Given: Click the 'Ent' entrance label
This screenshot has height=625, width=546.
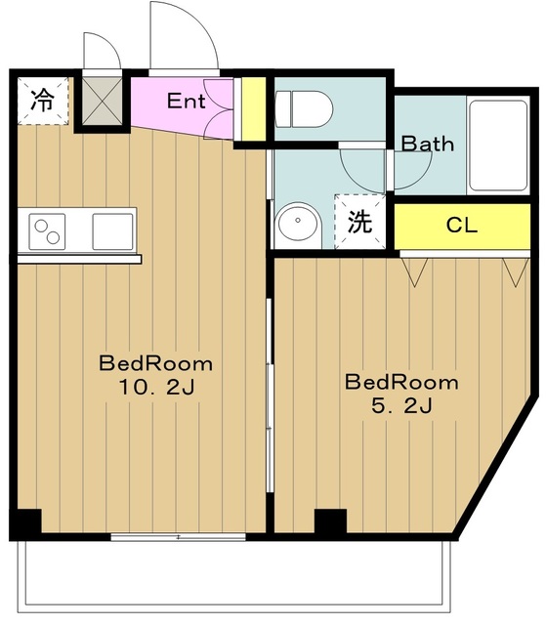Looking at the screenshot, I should [185, 100].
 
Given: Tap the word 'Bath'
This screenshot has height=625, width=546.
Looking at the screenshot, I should [428, 144].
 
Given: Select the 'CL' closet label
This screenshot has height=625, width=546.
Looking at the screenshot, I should [461, 225].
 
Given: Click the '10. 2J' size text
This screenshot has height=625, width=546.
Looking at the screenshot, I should [155, 387].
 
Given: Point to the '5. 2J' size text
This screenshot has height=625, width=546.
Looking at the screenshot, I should [401, 405].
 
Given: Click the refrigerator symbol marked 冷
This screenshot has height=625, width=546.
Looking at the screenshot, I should [42, 100].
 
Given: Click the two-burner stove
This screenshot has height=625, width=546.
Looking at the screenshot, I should [47, 232].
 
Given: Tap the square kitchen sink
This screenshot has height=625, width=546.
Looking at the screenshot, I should [112, 231].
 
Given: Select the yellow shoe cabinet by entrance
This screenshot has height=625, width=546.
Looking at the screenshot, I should [253, 109].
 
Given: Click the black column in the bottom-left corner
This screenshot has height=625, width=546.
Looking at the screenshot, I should [28, 522].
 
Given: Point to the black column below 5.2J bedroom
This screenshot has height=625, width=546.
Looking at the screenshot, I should [330, 521].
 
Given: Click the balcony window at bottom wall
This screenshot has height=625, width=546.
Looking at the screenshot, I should [178, 536].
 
